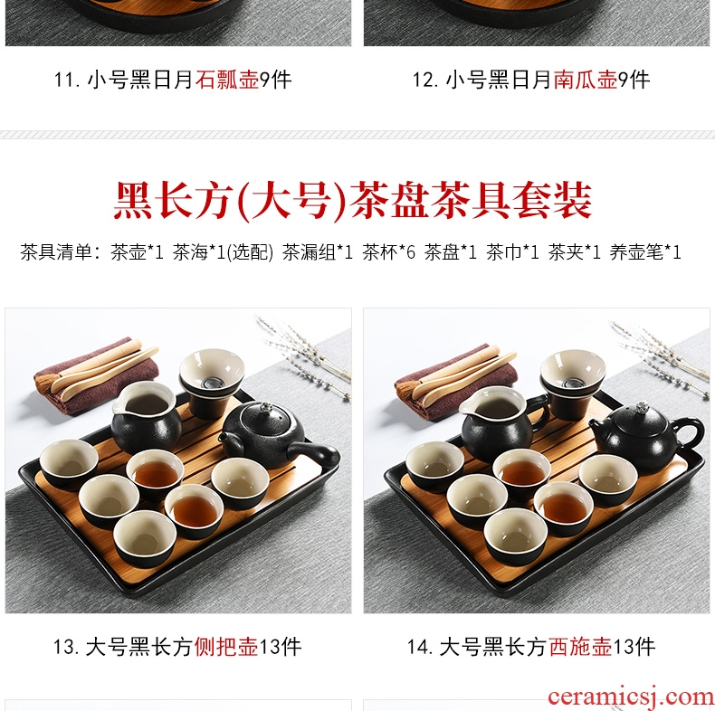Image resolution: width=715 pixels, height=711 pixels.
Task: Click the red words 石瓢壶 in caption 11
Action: coord(227,81)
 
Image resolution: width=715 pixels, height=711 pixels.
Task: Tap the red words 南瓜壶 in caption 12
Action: coord(586,81)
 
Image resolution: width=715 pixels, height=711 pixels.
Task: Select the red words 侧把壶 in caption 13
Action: coord(226,647)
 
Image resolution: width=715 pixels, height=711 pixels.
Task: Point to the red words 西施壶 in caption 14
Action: coord(580,647)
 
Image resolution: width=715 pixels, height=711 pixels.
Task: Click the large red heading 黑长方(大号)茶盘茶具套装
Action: coord(353,201)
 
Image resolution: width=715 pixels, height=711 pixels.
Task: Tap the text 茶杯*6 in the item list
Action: coord(389,252)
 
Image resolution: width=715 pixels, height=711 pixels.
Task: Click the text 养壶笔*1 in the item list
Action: coord(645,252)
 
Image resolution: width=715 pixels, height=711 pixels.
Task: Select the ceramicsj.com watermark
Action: coord(631,697)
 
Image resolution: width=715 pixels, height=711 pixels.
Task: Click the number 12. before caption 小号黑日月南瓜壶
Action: coord(425,81)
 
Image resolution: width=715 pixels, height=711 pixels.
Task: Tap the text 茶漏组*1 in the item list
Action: coord(318,252)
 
